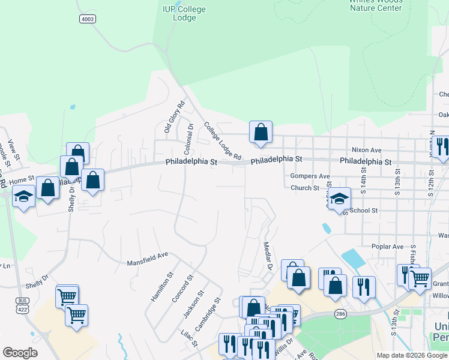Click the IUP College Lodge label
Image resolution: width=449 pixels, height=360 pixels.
[x=184, y=13]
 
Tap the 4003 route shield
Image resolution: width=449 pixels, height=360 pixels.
[x=88, y=19]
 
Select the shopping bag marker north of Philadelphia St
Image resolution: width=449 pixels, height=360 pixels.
[x=261, y=132]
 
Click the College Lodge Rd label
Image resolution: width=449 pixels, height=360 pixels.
[x=222, y=142]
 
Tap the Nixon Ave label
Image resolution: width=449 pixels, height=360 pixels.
[x=367, y=150]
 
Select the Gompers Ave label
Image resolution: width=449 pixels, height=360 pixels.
[x=310, y=176]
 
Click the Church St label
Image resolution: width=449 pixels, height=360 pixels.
[x=305, y=188]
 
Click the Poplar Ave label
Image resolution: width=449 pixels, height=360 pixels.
[x=387, y=247]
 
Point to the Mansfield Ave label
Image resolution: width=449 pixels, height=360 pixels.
[x=148, y=259]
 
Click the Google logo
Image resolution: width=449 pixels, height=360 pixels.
[x=19, y=353]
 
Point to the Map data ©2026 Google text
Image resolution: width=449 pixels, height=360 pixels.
[x=411, y=355]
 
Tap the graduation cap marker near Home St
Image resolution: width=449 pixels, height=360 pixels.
[x=24, y=197]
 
